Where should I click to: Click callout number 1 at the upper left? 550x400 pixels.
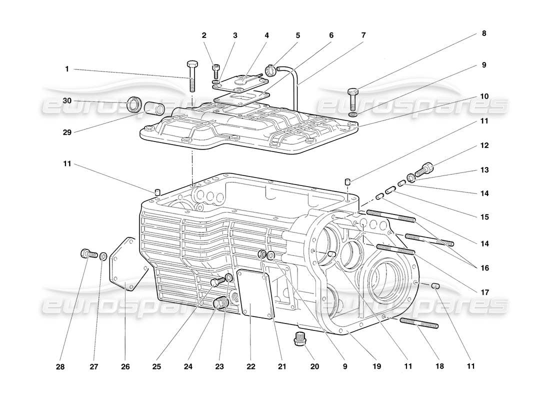(x=66, y=69)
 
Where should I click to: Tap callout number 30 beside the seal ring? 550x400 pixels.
(x=67, y=101)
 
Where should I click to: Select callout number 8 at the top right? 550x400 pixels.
(x=484, y=34)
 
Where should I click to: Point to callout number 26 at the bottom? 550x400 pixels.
(x=125, y=366)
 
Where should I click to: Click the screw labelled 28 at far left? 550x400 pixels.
(x=87, y=254)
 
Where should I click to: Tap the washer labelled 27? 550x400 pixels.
(x=103, y=256)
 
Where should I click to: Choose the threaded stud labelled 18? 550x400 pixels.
(x=419, y=323)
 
